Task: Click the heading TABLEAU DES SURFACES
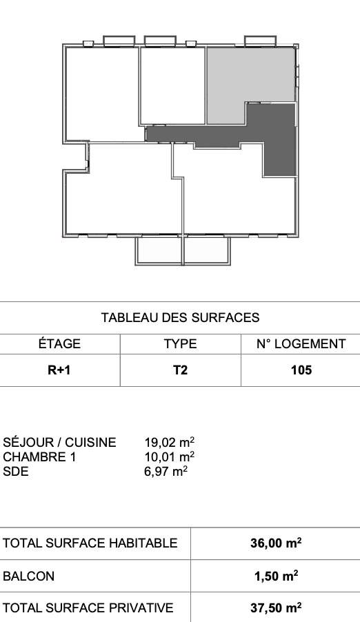coord(180,318)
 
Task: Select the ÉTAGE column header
coord(59,343)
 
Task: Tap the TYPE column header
coord(180,344)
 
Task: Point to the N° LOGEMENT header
coord(301,344)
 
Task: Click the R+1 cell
coord(59,370)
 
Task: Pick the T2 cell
coord(180,370)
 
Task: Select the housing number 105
coord(301,370)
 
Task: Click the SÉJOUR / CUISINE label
coord(59,442)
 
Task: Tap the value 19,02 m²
coord(170,442)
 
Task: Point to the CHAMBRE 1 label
coord(39,457)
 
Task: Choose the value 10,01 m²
coord(170,457)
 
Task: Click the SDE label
coord(15,472)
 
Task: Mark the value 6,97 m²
coord(166,471)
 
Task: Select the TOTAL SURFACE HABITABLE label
coord(90,543)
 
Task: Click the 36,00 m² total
coord(276,543)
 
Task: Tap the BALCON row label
coord(28,576)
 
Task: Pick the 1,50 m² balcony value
coord(277,576)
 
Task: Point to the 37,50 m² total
coord(276,608)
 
